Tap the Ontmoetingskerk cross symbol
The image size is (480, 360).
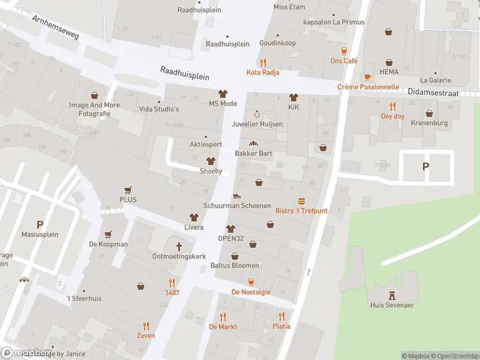tap(179, 247)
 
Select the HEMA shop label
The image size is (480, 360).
tap(389, 72)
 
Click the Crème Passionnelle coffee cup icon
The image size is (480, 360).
tap(368, 77)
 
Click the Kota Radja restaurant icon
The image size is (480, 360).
tap(263, 62)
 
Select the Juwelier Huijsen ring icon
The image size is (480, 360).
tap(257, 114)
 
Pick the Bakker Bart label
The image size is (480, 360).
tap(253, 154)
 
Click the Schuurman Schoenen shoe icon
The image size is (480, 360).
tap(237, 196)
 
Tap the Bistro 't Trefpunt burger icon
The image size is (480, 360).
tap(301, 201)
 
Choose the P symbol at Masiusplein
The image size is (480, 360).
tap(40, 224)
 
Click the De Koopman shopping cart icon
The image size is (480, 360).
tap(108, 235)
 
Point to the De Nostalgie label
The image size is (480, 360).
tap(251, 292)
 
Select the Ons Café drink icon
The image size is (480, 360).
tap(344, 51)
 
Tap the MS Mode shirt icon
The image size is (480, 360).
tap(223, 94)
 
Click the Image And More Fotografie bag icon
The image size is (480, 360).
tap(94, 95)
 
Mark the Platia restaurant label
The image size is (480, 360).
tap(281, 326)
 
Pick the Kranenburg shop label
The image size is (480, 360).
tap(430, 123)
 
